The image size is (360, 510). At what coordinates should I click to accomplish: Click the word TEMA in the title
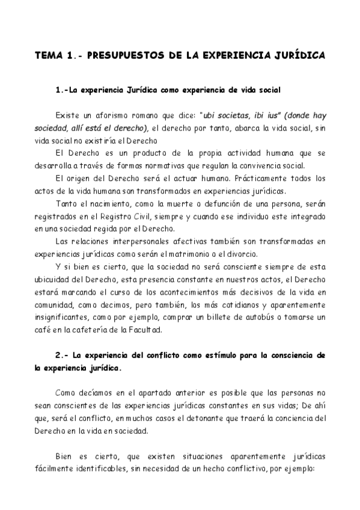(x=49, y=55)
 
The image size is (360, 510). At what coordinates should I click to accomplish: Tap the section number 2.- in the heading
(x=61, y=355)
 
